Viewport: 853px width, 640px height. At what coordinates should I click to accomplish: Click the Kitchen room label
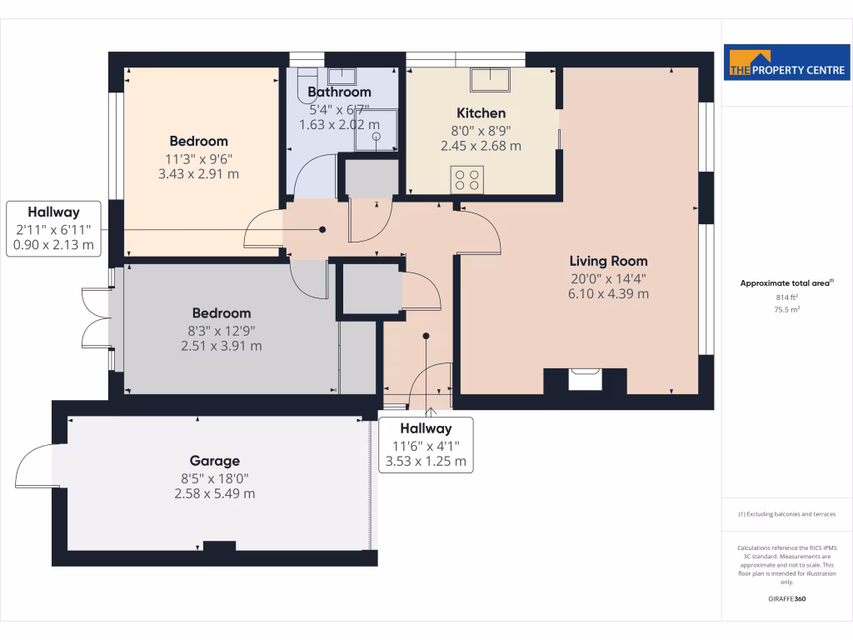point(481,113)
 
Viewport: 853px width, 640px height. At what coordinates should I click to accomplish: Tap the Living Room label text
point(608,261)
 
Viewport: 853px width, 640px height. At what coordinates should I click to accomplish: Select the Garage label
point(214,461)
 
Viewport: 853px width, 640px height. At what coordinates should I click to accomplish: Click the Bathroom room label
point(339,92)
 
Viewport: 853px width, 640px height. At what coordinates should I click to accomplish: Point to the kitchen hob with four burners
point(467,179)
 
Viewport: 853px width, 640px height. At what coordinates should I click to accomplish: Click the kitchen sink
point(491,80)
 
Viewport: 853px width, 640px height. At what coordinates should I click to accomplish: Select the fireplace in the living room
point(585,380)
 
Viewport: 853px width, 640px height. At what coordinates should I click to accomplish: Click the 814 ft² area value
point(787,297)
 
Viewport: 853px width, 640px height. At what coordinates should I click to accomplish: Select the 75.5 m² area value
point(787,309)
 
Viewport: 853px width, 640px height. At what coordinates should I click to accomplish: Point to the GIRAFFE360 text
point(787,599)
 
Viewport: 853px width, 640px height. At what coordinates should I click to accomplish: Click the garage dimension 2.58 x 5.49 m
point(209,493)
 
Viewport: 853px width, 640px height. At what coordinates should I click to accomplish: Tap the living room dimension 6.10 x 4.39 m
point(608,293)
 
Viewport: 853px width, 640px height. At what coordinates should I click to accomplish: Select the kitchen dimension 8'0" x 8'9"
point(481,130)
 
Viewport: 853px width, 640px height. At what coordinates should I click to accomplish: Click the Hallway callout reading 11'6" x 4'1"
point(426,445)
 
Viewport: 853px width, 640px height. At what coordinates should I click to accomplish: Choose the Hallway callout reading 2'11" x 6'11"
point(53,229)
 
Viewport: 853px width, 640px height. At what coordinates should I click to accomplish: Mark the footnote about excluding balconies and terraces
point(787,514)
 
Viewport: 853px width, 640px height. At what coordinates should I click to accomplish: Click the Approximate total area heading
point(787,283)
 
